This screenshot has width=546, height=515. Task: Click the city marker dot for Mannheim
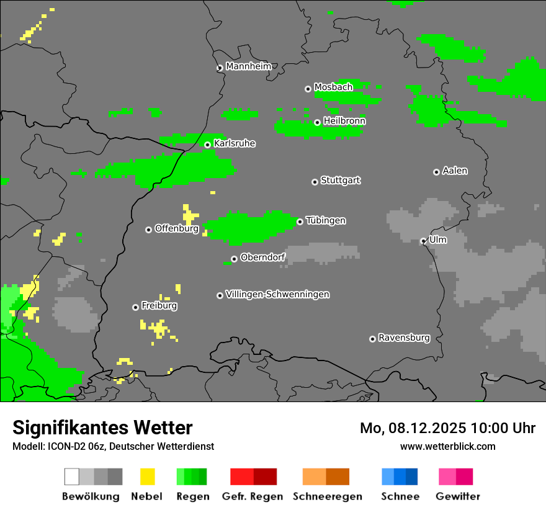click(220, 68)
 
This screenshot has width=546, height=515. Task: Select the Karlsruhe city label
click(235, 143)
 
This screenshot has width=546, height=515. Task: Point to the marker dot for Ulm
click(423, 241)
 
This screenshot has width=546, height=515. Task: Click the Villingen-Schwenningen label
click(277, 294)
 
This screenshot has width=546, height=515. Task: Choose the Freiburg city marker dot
click(135, 307)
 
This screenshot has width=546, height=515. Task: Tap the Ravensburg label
click(404, 338)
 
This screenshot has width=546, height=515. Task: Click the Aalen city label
click(455, 171)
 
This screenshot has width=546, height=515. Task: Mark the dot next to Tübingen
click(300, 222)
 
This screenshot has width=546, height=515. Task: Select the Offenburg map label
click(177, 228)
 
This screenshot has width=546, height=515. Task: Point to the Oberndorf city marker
click(234, 259)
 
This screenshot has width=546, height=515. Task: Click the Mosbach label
click(333, 87)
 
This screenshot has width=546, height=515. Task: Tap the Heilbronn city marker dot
click(317, 122)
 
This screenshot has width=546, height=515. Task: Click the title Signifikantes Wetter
click(102, 428)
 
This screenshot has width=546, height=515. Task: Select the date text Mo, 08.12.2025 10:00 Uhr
click(447, 428)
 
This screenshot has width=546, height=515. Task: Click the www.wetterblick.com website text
click(447, 446)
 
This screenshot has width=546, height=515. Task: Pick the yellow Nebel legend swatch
click(147, 477)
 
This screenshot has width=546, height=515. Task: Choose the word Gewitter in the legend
click(457, 496)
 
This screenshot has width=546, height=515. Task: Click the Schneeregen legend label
click(328, 496)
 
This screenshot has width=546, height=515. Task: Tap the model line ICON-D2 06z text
click(113, 446)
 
